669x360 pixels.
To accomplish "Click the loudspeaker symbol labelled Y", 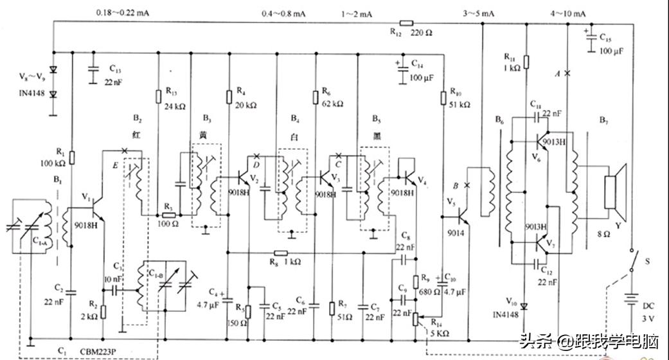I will (x=616, y=188).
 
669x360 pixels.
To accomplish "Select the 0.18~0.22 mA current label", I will (x=123, y=12).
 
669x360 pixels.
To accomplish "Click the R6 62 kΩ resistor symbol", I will (x=316, y=96).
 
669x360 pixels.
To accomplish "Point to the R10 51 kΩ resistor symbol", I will (x=443, y=97).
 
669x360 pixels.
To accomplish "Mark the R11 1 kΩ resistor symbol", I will (x=526, y=62).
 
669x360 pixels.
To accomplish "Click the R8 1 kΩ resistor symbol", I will (x=280, y=253).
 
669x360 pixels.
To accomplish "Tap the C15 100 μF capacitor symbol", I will (x=590, y=40).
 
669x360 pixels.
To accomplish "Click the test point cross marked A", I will (x=566, y=74).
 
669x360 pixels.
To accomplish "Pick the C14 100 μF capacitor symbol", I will (x=403, y=72).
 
